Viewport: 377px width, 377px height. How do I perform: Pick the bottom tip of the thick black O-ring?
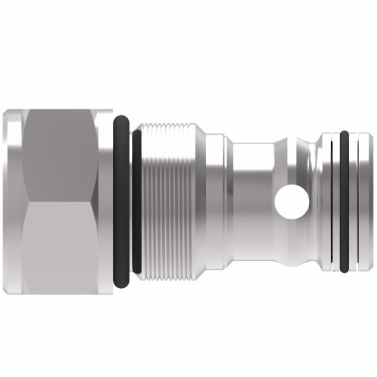coord(122,284)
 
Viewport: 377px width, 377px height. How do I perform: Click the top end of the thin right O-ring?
coord(345,133)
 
